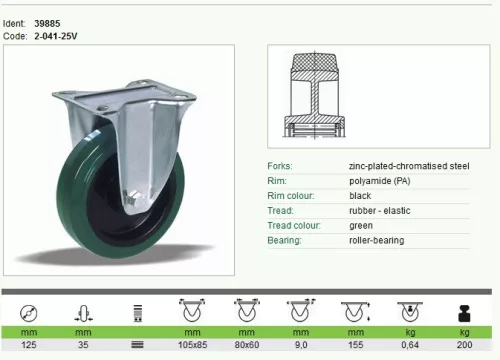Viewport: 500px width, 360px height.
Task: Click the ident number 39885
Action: tap(47, 24)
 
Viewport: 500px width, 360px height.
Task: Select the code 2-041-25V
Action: tap(56, 36)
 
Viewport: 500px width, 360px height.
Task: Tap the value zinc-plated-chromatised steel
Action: tap(409, 166)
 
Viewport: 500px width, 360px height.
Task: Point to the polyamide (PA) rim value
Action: tap(380, 181)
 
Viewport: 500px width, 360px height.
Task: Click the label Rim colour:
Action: tap(291, 196)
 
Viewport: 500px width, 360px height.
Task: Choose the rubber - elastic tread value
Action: tap(380, 211)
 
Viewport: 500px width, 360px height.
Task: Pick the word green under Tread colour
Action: tap(361, 226)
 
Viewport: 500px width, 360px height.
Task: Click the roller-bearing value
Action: tap(377, 240)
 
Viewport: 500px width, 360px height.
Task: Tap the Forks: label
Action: tap(280, 166)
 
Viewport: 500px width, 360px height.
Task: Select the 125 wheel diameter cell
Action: tap(29, 345)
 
